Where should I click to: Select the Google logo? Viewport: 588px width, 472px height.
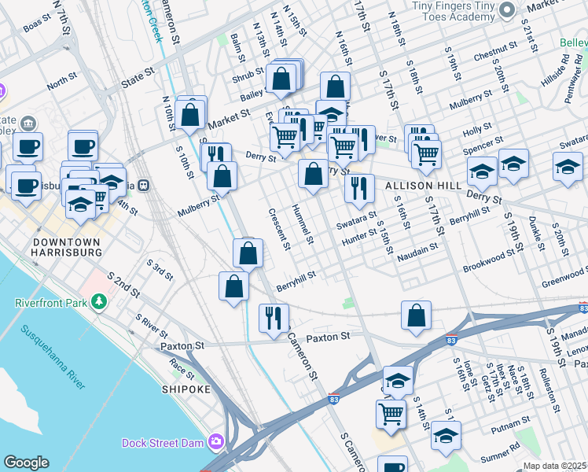click(26, 463)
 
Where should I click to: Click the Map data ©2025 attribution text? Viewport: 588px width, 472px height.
click(555, 466)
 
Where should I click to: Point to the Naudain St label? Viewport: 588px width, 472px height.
click(417, 252)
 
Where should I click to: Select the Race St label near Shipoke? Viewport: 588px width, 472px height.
click(181, 367)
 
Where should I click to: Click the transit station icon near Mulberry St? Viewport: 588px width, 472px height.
click(143, 186)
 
